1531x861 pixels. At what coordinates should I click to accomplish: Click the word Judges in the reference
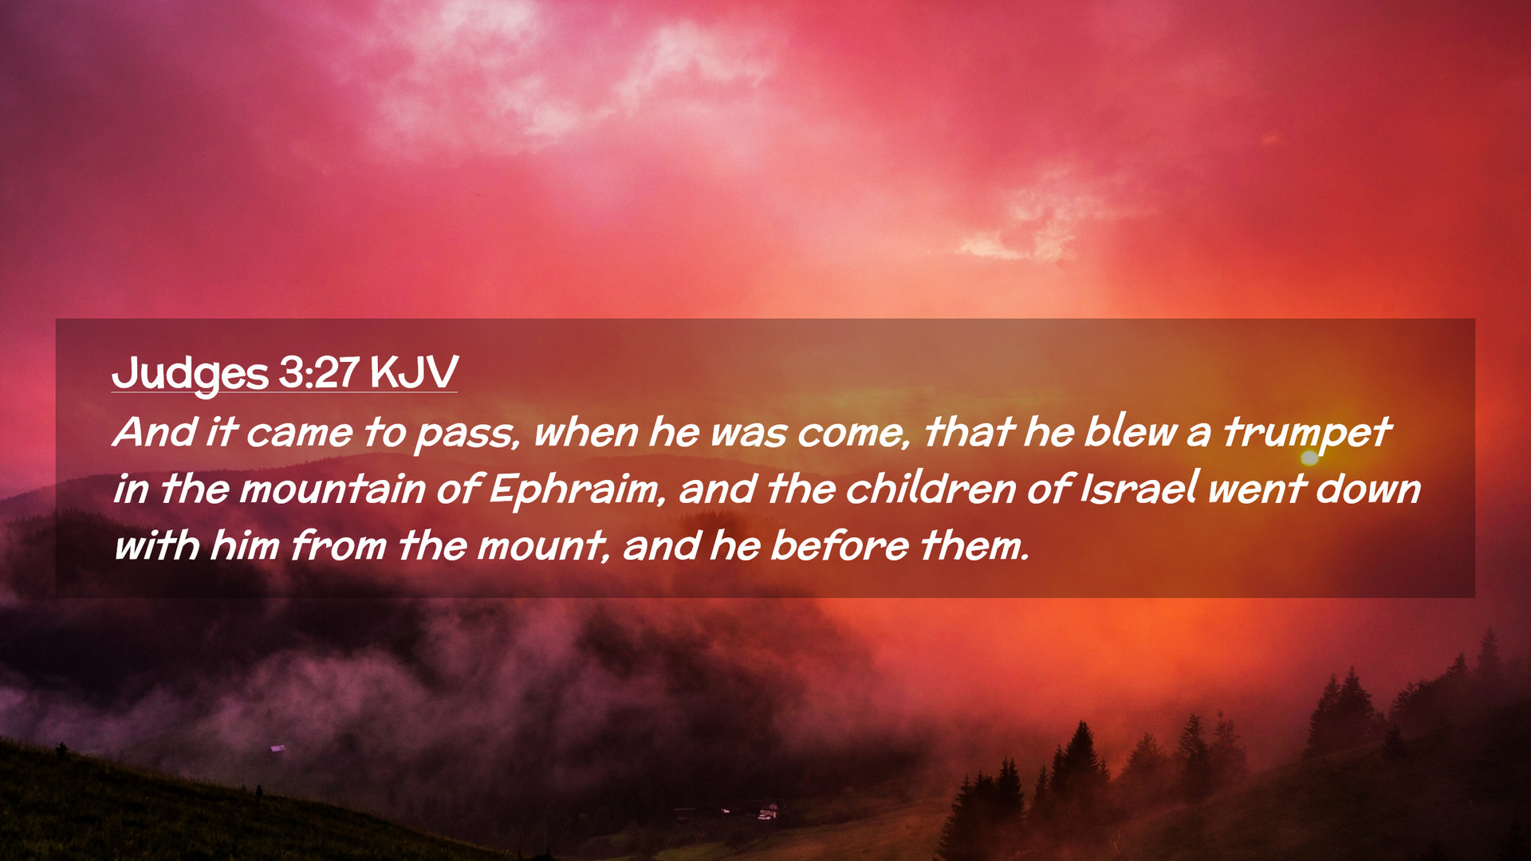(x=190, y=373)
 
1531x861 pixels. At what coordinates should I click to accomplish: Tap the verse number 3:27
(x=319, y=372)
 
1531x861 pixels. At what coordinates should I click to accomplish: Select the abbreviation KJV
(x=414, y=372)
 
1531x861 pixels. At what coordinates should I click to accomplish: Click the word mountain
(x=332, y=489)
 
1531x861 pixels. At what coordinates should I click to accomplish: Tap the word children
(x=930, y=488)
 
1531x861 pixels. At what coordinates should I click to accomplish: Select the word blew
(x=1130, y=432)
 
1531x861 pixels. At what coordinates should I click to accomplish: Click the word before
(x=839, y=546)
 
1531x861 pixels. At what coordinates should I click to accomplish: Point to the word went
(x=1256, y=489)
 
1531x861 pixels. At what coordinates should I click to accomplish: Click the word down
(x=1368, y=488)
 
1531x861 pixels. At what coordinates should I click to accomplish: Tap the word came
(x=299, y=434)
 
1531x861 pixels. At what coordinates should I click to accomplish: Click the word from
(x=338, y=546)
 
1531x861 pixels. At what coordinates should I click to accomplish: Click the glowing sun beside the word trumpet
(x=1309, y=458)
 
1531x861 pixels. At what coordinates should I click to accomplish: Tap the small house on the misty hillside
(x=277, y=749)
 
